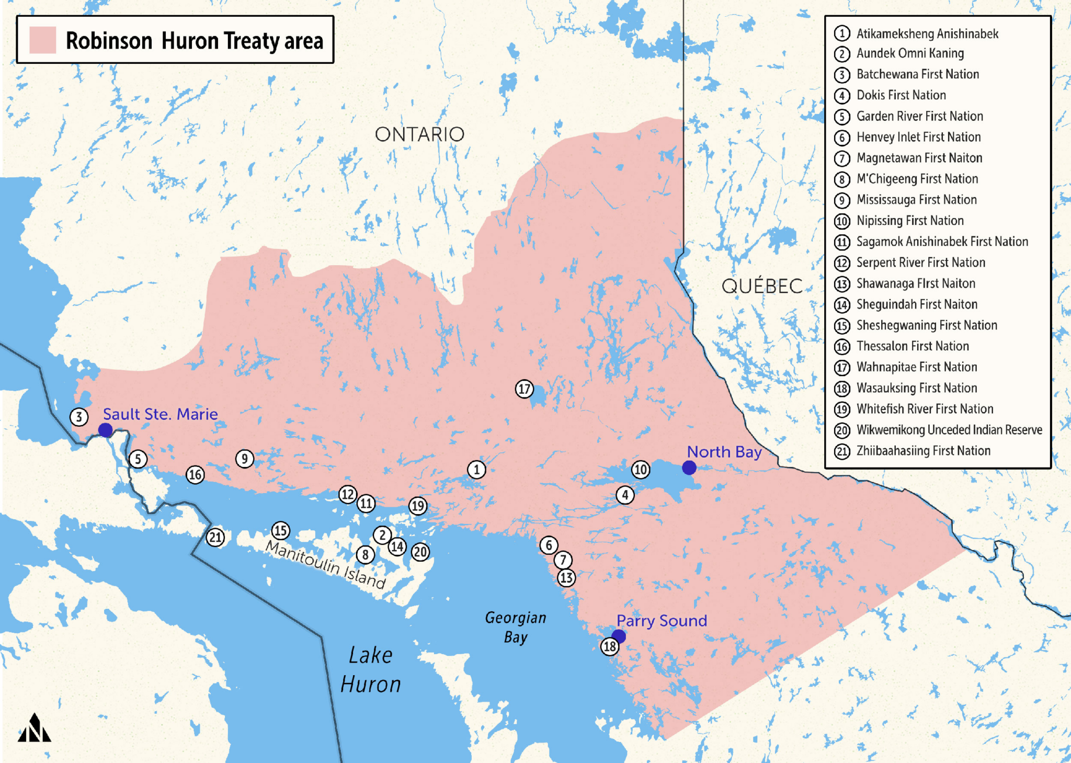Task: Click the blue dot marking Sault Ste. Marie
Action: [106, 430]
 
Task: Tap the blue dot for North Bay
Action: [689, 468]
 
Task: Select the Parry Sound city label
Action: [662, 621]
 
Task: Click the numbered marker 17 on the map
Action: [524, 389]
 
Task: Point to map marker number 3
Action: [79, 417]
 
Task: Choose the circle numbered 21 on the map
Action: [215, 537]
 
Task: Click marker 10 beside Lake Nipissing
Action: [641, 469]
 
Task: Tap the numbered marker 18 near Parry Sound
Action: [610, 647]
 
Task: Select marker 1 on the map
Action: [476, 470]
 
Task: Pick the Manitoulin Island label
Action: [326, 565]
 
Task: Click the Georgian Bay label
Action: [516, 627]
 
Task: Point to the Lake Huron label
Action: [371, 670]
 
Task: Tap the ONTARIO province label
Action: [419, 134]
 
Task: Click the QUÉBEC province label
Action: [762, 286]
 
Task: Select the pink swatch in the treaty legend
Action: [42, 40]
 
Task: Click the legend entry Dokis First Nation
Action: [901, 95]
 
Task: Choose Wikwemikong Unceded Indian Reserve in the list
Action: [949, 430]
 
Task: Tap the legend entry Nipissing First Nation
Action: [909, 221]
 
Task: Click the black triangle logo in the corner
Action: [35, 728]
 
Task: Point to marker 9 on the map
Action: [244, 459]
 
